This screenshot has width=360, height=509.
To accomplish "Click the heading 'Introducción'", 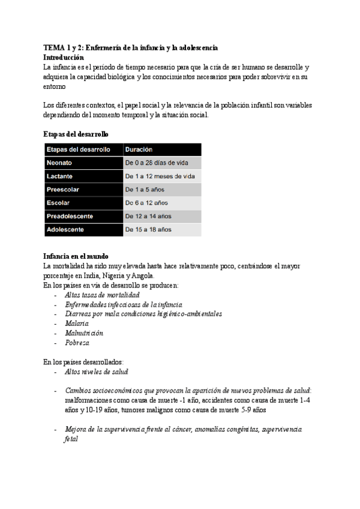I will click(68, 57).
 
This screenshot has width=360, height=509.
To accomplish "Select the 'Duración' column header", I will click(139, 149).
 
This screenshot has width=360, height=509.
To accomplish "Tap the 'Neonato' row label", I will click(60, 163).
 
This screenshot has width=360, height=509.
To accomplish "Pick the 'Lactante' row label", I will click(60, 176).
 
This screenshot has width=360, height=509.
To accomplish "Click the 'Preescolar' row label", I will click(63, 190).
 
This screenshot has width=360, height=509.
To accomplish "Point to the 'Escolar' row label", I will click(58, 203).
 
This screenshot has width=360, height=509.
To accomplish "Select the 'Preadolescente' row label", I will click(70, 216).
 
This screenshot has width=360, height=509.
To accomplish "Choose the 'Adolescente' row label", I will click(65, 229).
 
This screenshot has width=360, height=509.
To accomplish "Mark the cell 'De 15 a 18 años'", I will click(148, 229).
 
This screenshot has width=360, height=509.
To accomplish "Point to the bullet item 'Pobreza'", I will click(77, 343).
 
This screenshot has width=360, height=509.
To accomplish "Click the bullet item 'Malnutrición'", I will click(83, 333).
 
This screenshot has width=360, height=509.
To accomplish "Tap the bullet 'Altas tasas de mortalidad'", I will click(101, 295).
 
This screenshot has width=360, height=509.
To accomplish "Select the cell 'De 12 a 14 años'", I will click(148, 216).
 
